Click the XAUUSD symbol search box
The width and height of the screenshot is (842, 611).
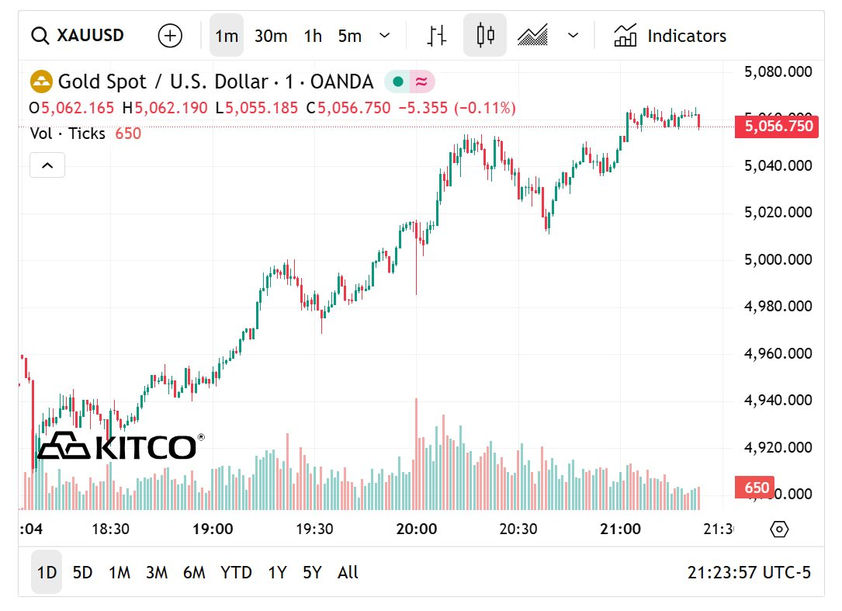click(78, 36)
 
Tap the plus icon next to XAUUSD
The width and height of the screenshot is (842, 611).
click(170, 36)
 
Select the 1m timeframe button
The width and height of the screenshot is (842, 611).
click(227, 36)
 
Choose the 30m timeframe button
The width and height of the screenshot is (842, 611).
click(271, 36)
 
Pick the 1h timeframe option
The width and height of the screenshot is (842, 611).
click(313, 36)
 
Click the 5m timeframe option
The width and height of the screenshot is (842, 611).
click(350, 36)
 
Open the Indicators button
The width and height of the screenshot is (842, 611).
click(670, 36)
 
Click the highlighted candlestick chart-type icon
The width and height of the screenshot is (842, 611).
click(485, 35)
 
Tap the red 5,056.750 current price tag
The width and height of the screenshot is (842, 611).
click(776, 127)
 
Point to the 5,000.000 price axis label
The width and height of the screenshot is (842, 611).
click(778, 259)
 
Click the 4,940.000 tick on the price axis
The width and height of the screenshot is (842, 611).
click(778, 401)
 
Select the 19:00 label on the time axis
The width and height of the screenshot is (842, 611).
click(213, 529)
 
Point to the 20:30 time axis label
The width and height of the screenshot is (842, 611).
click(518, 529)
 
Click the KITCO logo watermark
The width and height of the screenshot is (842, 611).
click(120, 446)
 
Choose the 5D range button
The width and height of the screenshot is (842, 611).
click(82, 573)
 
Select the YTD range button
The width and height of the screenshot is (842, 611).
click(236, 573)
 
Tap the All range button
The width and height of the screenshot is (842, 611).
click(348, 573)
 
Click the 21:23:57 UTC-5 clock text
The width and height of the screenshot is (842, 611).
click(749, 573)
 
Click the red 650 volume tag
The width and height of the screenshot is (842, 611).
click(756, 488)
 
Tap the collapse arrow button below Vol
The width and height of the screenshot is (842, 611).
click(47, 165)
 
